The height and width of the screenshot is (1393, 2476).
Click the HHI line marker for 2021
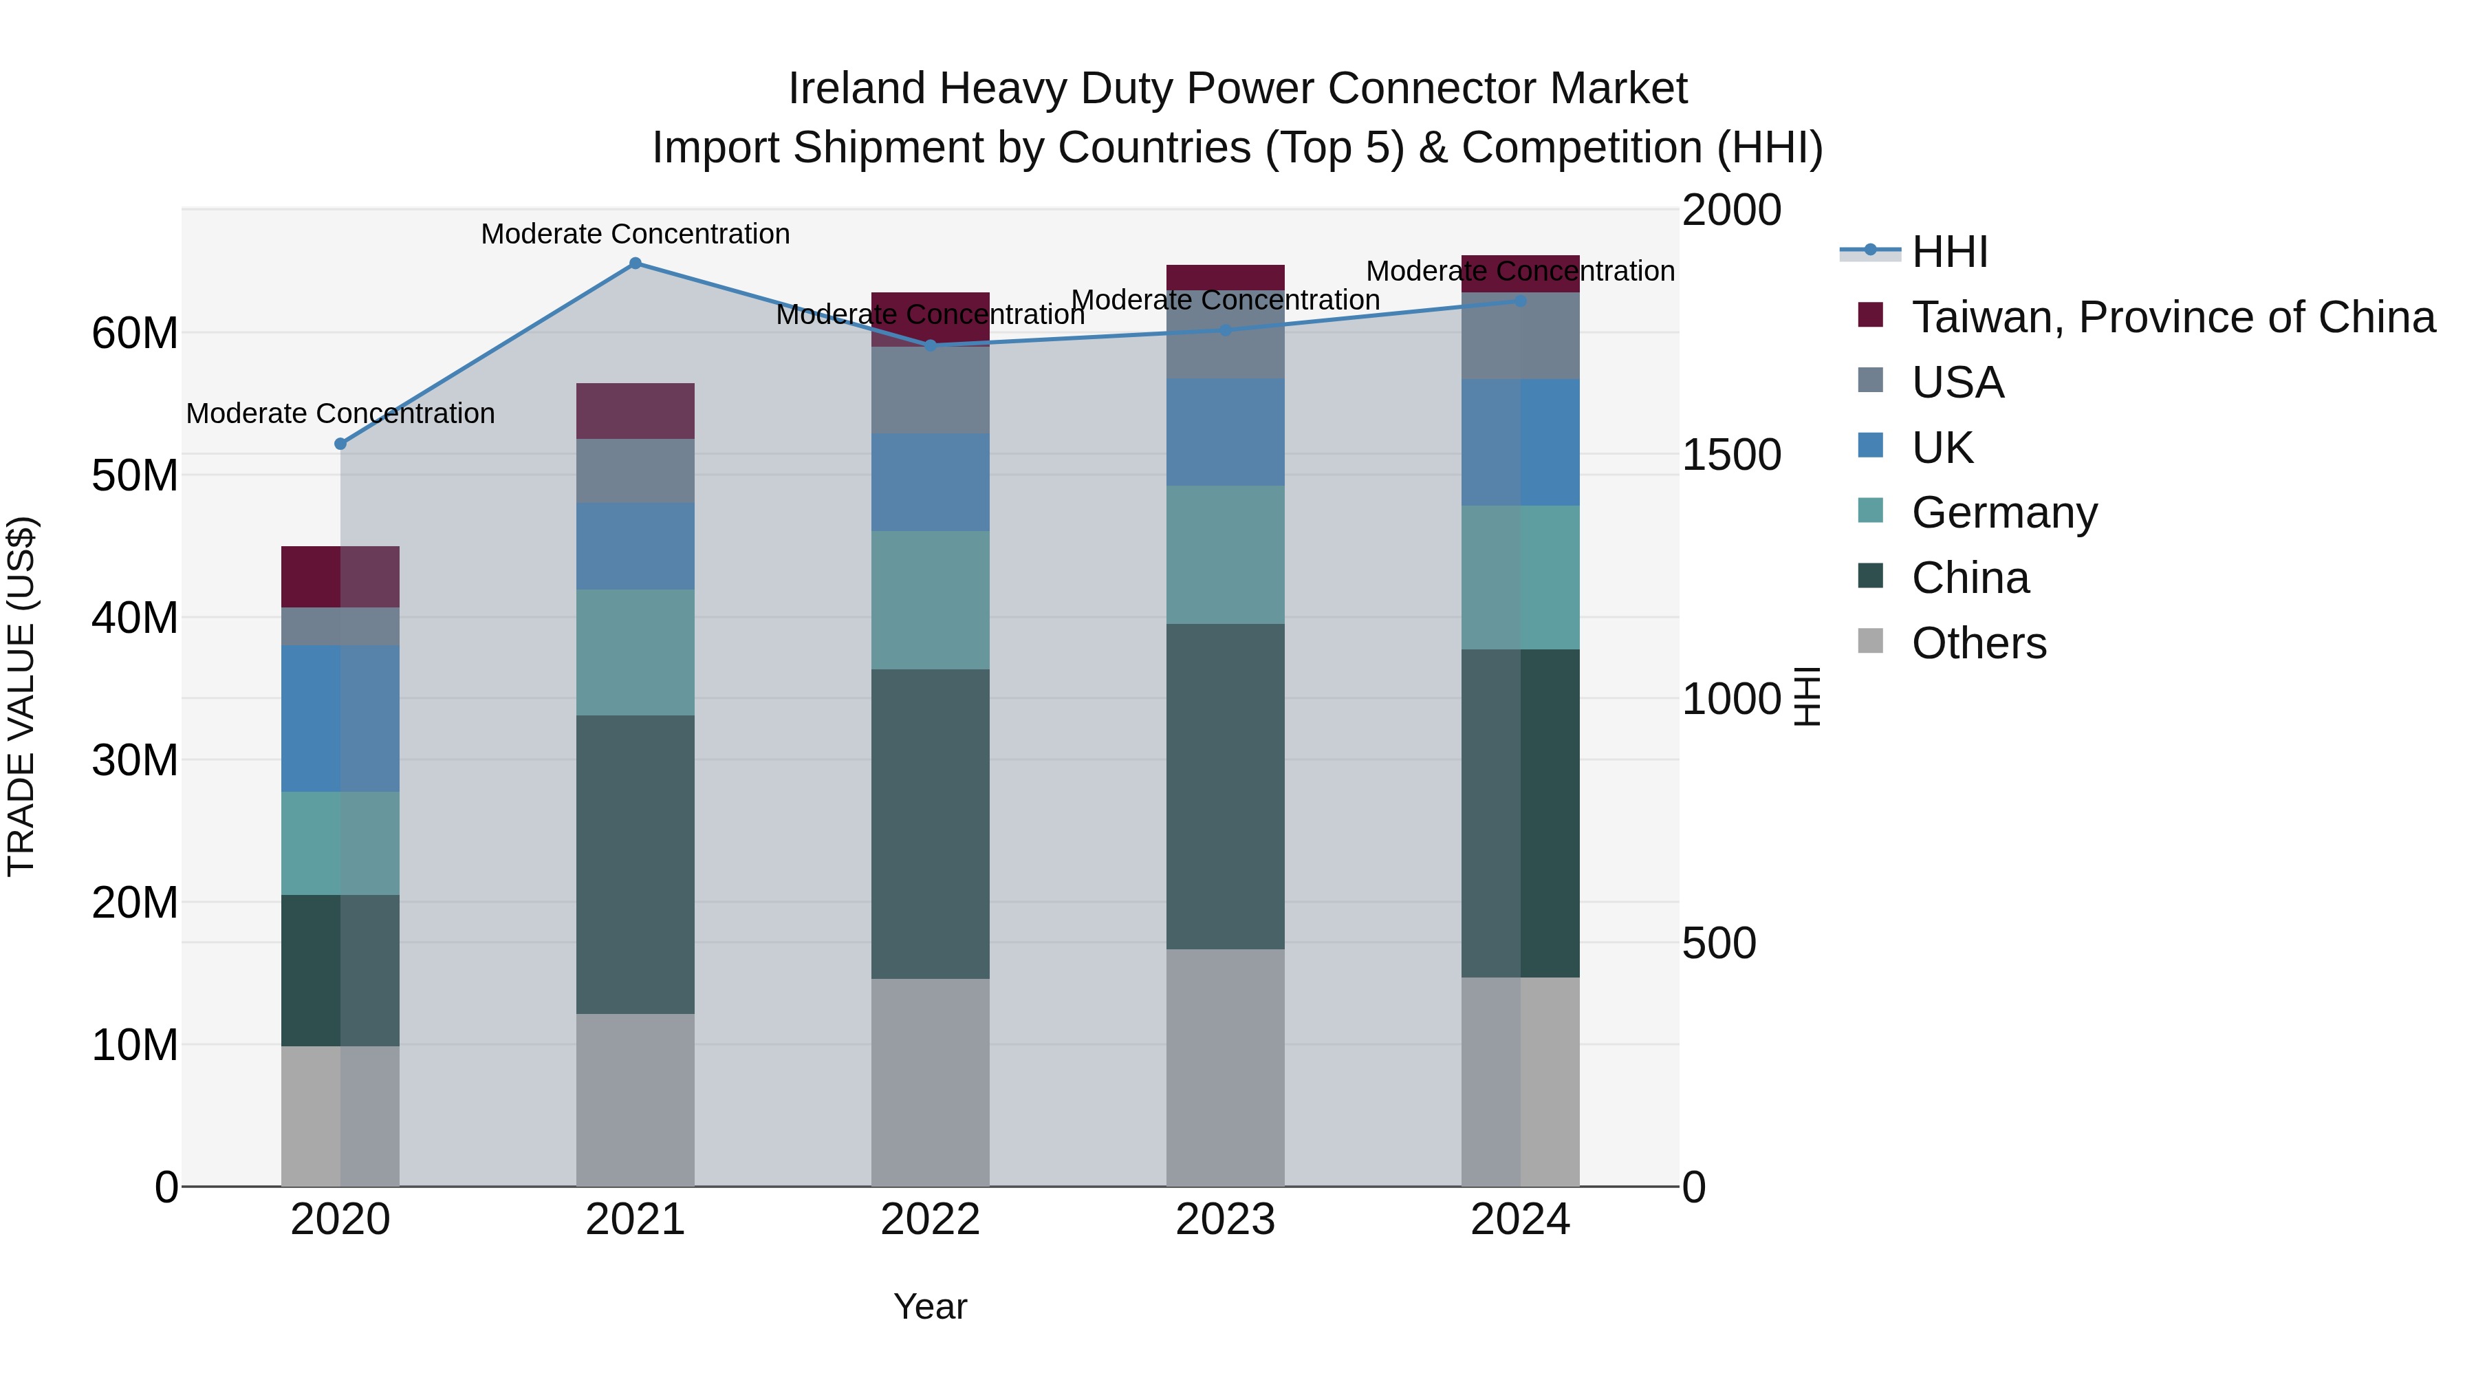pyautogui.click(x=636, y=263)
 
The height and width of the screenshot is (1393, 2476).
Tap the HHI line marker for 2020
pyautogui.click(x=340, y=444)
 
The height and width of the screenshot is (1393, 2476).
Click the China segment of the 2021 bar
pyautogui.click(x=636, y=864)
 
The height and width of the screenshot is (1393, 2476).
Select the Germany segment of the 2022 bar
pyautogui.click(x=931, y=600)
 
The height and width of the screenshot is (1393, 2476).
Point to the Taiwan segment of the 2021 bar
pyautogui.click(x=636, y=411)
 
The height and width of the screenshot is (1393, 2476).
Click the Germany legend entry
pyautogui.click(x=2004, y=512)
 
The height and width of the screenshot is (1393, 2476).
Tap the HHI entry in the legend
pyautogui.click(x=1949, y=252)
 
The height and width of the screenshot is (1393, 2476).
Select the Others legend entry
pyautogui.click(x=1978, y=643)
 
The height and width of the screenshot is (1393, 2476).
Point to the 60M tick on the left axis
pyautogui.click(x=135, y=334)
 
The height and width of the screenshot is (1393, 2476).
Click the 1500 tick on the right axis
pyautogui.click(x=1731, y=455)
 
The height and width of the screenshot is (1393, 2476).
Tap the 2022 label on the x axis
pyautogui.click(x=931, y=1220)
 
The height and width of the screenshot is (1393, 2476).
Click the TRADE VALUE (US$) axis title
pyautogui.click(x=21, y=696)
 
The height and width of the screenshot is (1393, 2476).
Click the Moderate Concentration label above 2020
pyautogui.click(x=340, y=413)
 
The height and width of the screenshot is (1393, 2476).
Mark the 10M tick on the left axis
pyautogui.click(x=135, y=1045)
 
